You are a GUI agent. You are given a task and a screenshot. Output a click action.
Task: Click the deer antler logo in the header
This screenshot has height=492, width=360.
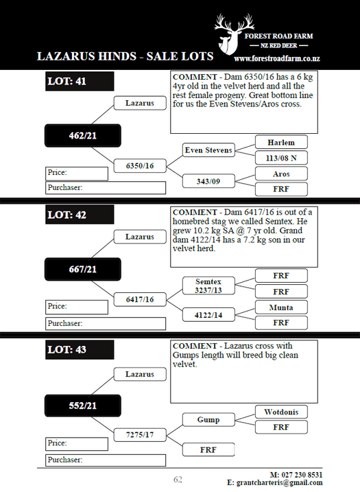(x=234, y=34)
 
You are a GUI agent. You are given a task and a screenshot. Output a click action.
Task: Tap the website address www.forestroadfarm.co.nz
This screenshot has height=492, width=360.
(x=277, y=58)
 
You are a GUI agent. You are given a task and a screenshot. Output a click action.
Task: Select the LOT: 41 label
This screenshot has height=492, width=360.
(x=80, y=81)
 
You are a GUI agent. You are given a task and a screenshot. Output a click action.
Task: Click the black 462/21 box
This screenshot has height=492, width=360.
(x=83, y=136)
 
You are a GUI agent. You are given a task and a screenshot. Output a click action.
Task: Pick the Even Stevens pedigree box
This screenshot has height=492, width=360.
(x=208, y=150)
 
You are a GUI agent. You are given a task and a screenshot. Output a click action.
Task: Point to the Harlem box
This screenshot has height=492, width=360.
(x=281, y=143)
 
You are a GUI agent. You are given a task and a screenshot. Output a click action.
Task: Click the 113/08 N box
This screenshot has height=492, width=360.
(x=281, y=158)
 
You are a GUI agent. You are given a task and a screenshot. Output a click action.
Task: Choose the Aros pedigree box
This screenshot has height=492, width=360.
(x=281, y=174)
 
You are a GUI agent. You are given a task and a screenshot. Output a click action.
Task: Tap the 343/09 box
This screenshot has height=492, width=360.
(x=208, y=181)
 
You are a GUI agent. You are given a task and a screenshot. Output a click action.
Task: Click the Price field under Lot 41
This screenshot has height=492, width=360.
(x=77, y=174)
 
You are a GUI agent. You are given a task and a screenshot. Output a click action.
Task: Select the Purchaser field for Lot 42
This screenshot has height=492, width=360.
(x=106, y=324)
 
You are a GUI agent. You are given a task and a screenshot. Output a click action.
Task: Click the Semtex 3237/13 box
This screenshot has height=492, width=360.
(x=208, y=285)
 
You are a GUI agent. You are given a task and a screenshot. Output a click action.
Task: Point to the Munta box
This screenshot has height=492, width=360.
(x=281, y=307)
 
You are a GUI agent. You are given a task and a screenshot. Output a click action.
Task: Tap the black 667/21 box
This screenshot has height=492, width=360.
(x=83, y=269)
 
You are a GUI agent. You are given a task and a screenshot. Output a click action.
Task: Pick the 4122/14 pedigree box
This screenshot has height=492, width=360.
(x=208, y=315)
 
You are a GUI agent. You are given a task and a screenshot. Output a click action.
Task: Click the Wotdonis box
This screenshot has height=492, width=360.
(x=281, y=412)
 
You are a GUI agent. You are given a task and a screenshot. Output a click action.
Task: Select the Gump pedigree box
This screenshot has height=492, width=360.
(x=208, y=420)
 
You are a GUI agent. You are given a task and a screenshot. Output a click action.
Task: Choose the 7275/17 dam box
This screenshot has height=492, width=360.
(x=140, y=435)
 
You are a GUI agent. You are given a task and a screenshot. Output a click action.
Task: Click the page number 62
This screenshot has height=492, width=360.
(x=178, y=480)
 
